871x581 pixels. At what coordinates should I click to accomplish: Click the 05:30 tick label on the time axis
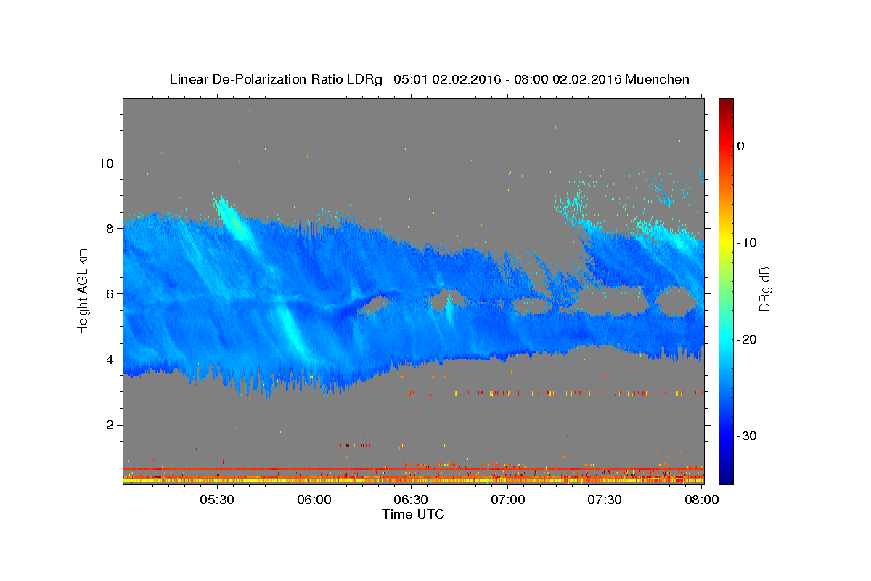[216, 500]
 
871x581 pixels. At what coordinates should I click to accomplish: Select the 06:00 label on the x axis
[314, 500]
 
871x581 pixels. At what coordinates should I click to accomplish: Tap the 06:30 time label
[411, 500]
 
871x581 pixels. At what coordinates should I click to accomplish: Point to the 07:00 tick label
[508, 500]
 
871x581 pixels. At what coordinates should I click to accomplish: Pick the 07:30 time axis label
[604, 500]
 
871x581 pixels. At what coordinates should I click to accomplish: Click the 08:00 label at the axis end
[701, 500]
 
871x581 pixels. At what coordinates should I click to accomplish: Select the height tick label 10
[106, 163]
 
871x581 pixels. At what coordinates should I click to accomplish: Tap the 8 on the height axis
[110, 229]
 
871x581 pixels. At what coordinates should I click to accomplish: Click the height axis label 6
[110, 294]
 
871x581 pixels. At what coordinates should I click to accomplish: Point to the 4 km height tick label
[110, 359]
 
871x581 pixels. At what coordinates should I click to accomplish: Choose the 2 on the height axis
[110, 425]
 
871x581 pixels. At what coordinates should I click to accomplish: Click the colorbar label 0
[741, 146]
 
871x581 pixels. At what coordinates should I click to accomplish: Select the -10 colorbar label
[747, 243]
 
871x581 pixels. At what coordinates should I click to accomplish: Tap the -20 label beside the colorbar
[747, 339]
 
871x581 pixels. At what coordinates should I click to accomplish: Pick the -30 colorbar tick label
[747, 436]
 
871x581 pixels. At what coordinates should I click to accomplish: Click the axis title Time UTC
[413, 514]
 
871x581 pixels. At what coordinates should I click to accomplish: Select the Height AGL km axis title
[83, 291]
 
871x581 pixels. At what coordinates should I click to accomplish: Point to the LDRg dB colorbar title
[764, 292]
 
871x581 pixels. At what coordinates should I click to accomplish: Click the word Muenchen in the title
[657, 79]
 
